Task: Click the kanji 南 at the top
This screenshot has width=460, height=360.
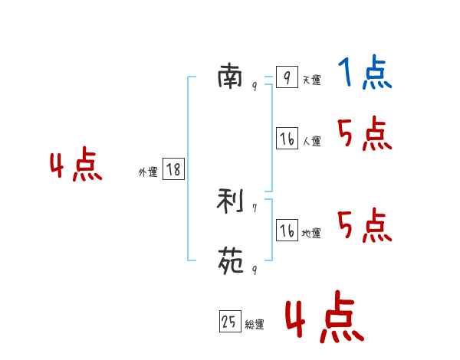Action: (x=230, y=76)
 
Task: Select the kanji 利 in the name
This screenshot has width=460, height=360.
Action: (x=230, y=202)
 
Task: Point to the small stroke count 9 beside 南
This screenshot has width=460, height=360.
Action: (x=255, y=87)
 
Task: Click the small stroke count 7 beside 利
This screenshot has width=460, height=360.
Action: (x=255, y=208)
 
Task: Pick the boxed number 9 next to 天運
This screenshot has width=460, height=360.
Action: (x=286, y=77)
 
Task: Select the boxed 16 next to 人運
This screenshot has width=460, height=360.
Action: (x=287, y=139)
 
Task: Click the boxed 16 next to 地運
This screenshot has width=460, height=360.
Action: (x=287, y=230)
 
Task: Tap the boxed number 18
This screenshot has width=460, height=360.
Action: (x=173, y=169)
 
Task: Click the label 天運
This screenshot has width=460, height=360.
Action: (x=311, y=80)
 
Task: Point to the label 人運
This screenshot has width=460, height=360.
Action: (x=311, y=141)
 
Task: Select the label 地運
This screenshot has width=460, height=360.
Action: (x=311, y=233)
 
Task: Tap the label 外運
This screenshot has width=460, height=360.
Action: (x=148, y=172)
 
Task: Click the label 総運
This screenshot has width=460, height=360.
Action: (x=255, y=325)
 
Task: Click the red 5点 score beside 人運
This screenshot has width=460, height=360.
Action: (x=365, y=135)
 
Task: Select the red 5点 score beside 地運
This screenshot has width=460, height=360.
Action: (x=365, y=226)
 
